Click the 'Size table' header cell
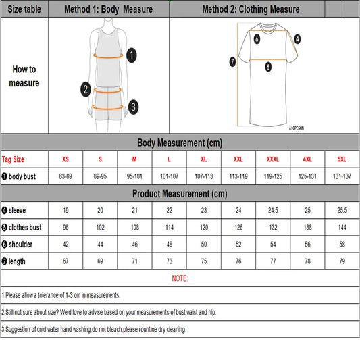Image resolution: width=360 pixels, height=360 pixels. click(x=24, y=9)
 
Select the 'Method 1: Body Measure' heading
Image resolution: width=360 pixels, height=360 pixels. click(x=108, y=9)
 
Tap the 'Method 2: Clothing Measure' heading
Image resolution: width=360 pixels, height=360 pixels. click(x=251, y=9)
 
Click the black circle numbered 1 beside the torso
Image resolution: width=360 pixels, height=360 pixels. click(x=132, y=55)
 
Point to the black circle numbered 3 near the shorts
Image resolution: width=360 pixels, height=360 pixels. click(x=134, y=106)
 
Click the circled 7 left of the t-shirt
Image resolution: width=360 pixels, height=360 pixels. click(x=232, y=61)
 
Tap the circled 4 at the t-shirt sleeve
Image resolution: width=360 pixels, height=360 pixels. click(x=297, y=38)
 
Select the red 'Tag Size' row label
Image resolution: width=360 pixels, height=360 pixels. click(x=14, y=159)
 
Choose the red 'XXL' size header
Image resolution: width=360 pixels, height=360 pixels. click(x=238, y=159)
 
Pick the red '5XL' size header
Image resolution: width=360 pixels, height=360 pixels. click(x=342, y=159)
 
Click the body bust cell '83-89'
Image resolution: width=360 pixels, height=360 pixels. click(x=66, y=176)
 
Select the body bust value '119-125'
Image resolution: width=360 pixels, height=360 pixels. click(x=273, y=176)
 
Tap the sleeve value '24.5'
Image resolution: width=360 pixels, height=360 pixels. click(x=273, y=210)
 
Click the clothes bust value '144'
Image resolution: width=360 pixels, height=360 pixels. click(x=342, y=227)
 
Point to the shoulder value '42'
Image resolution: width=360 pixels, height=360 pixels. click(x=66, y=244)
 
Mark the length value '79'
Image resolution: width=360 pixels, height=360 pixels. click(x=342, y=261)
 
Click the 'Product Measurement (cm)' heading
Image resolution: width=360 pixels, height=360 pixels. click(x=180, y=193)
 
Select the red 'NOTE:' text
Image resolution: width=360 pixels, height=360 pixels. click(x=180, y=278)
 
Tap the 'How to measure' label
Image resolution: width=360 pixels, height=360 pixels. click(x=24, y=76)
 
